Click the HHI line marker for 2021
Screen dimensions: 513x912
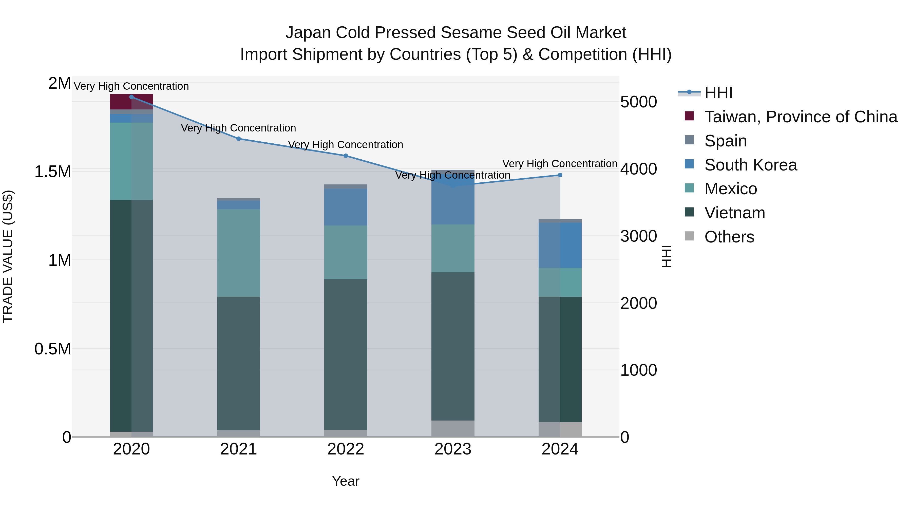coord(239,139)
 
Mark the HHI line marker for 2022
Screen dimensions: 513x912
coord(346,156)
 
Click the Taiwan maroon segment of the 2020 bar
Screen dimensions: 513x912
coord(120,102)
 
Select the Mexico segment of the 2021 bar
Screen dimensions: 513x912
coord(239,253)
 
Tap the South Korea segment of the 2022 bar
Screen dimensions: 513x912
coord(346,207)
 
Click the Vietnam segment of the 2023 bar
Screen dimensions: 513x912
coord(453,346)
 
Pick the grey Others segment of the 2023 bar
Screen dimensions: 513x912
coord(453,429)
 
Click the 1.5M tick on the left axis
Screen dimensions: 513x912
coord(52,172)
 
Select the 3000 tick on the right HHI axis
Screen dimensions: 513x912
coord(638,236)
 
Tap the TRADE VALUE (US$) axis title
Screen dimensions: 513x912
coord(8,256)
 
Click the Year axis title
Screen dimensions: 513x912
coord(346,481)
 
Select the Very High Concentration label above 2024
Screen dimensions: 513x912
coord(560,164)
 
